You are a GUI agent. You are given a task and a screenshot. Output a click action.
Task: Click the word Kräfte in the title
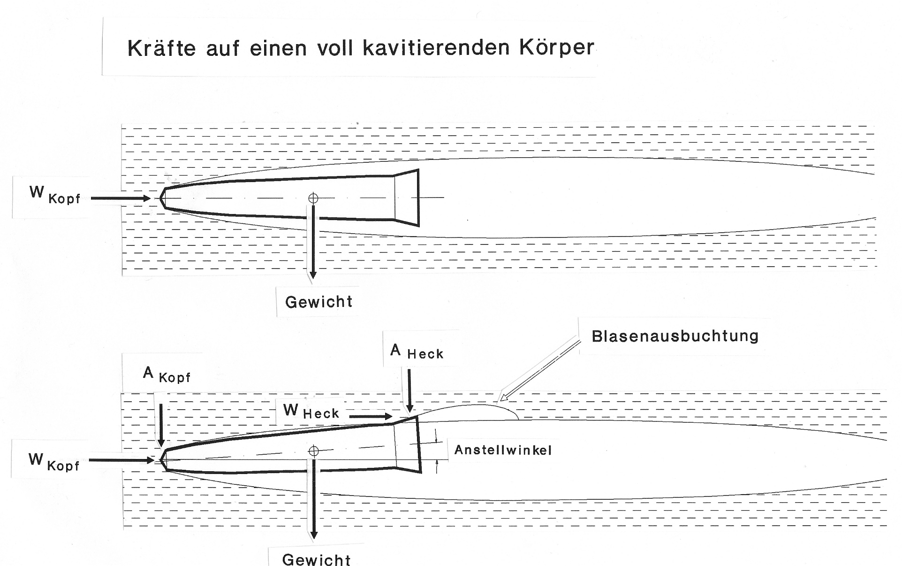point(161,48)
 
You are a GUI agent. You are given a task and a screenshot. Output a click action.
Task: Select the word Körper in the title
point(557,47)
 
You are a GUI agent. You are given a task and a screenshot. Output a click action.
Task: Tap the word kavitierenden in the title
point(436,48)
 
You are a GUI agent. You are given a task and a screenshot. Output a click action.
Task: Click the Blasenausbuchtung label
point(675,336)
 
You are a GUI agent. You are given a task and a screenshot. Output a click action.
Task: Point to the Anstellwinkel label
point(503,450)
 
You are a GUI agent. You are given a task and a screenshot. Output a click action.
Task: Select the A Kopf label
point(167,375)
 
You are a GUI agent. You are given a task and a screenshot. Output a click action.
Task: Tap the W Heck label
point(311,411)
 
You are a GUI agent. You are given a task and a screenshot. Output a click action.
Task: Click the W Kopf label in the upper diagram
point(55,195)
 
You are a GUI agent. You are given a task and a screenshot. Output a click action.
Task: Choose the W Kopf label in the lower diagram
point(54,462)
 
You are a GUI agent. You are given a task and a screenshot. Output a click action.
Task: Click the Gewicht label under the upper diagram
point(319,302)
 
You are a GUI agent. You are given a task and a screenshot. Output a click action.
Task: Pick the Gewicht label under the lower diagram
point(316,559)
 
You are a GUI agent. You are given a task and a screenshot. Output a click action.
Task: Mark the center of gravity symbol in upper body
point(313,199)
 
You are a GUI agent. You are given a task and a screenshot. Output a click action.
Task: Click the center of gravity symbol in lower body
point(314,451)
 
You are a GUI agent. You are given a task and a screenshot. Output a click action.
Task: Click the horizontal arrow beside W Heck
point(371,416)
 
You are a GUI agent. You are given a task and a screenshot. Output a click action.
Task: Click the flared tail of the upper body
point(406,198)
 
